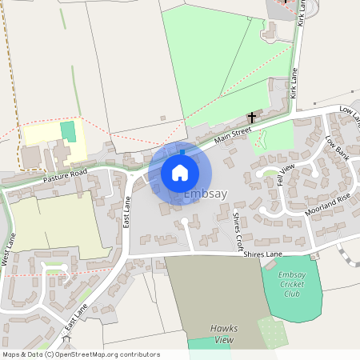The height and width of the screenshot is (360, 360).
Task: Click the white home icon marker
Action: [180, 173]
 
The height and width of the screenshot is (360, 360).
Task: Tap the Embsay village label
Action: [206, 194]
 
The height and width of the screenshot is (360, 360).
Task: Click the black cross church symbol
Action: [252, 118]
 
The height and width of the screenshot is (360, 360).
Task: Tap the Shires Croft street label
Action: [236, 229]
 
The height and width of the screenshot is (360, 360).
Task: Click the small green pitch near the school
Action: [67, 130]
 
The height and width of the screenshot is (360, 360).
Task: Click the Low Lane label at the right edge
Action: [350, 116]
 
